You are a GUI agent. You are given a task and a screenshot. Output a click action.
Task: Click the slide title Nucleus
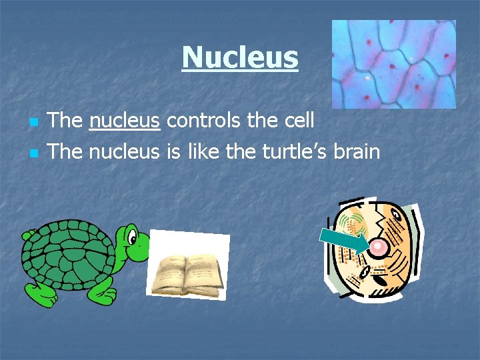coord(240,57)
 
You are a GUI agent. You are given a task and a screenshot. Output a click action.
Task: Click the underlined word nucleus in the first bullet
coord(125,121)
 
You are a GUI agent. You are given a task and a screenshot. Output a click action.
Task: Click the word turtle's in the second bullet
coord(285,152)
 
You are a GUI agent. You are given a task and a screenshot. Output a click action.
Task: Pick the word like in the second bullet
coord(203,152)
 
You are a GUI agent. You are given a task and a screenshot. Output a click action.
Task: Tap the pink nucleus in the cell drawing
coord(379,249)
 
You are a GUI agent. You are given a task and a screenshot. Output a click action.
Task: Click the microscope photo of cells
coord(393,64)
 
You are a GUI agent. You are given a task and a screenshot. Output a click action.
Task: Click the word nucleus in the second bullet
coord(125,152)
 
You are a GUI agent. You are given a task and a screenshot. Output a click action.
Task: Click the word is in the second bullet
coord(174,152)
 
